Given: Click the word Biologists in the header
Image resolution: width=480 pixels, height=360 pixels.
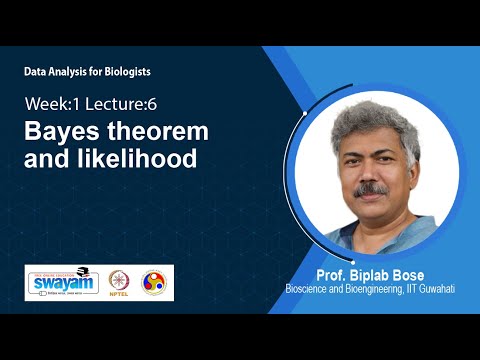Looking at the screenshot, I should [127, 73].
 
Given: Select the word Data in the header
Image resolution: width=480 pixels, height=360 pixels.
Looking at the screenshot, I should [35, 73].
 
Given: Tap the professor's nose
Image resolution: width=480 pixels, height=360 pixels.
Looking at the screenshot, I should [371, 172].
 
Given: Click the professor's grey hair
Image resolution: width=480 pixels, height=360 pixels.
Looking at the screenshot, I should [370, 120].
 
